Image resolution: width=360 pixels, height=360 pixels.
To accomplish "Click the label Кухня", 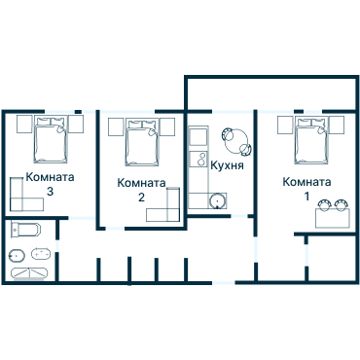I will [x=226, y=164].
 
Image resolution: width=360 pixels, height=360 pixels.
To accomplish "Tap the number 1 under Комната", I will [x=308, y=197].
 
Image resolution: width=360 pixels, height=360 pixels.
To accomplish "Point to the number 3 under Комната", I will [x=50, y=192].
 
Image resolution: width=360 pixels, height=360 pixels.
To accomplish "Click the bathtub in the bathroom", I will [x=23, y=232].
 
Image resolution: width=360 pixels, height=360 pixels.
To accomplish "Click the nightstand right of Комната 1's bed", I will [x=336, y=124].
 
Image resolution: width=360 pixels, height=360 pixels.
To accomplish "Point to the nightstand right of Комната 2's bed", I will [x=169, y=124].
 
